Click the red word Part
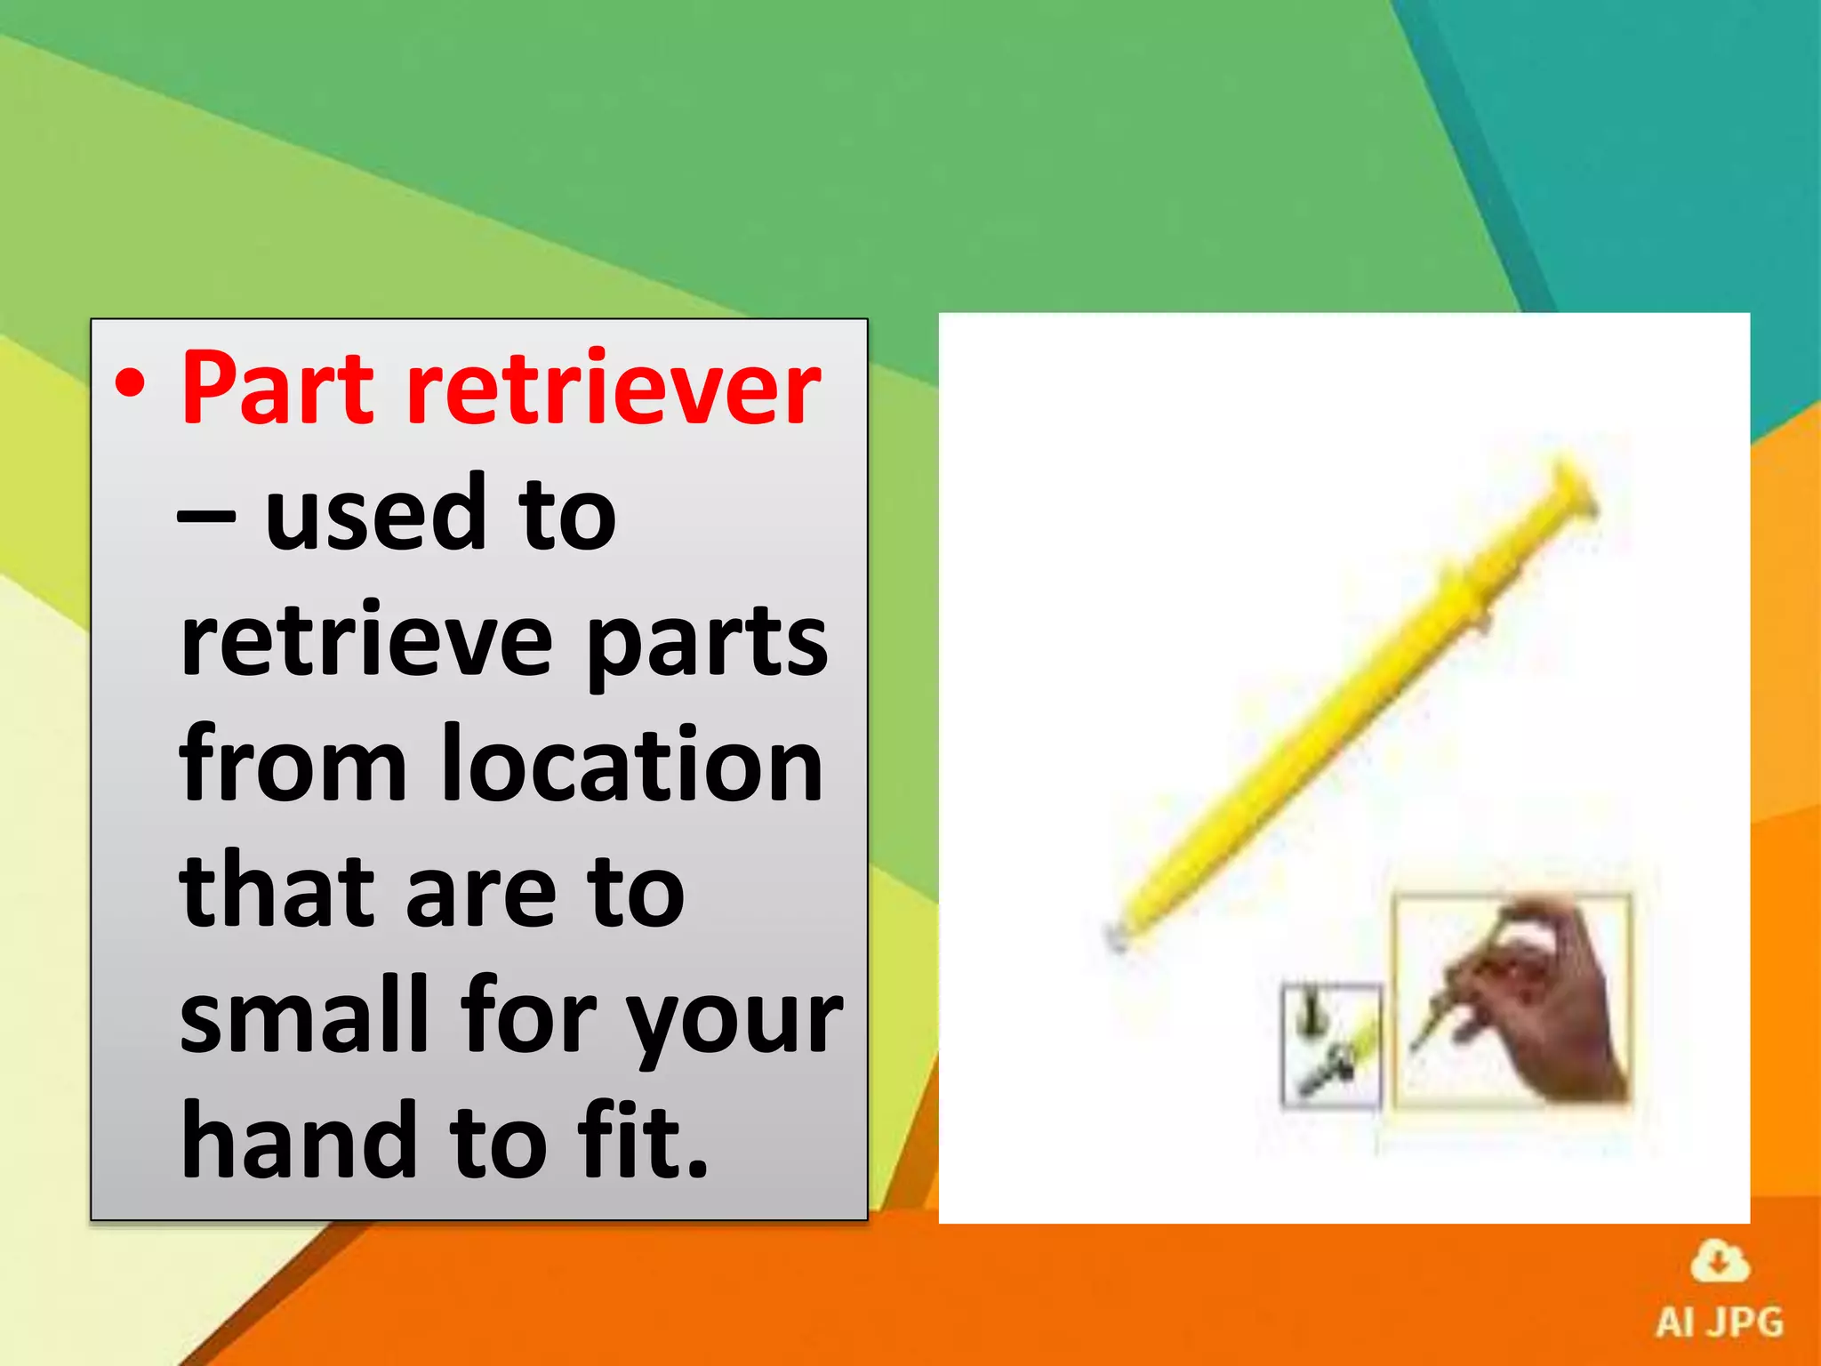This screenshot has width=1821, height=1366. pyautogui.click(x=277, y=389)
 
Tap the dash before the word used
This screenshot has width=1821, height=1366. pyautogui.click(x=206, y=515)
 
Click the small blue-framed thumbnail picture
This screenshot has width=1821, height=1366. pyautogui.click(x=1331, y=1044)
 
